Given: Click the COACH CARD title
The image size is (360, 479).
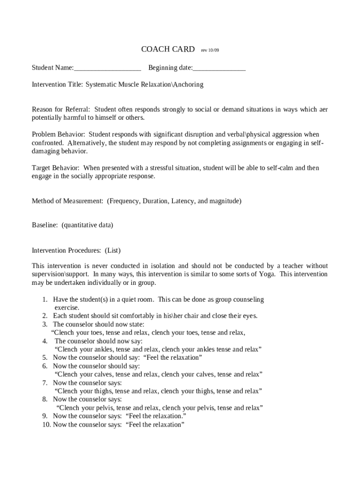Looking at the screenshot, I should [168, 50].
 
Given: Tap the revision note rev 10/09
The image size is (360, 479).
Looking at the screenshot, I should [210, 50].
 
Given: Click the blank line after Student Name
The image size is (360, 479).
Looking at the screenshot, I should [107, 68].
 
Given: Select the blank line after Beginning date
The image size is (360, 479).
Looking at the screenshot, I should [219, 68].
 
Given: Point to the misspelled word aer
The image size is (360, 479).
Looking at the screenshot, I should [323, 109].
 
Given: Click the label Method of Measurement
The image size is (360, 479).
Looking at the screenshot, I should [67, 201].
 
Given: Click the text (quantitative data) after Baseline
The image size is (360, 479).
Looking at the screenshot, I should [87, 225].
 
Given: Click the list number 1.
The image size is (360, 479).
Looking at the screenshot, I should [45, 299].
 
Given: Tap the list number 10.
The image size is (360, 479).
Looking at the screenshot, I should [46, 425].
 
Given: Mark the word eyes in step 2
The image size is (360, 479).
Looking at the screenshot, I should [249, 316].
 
